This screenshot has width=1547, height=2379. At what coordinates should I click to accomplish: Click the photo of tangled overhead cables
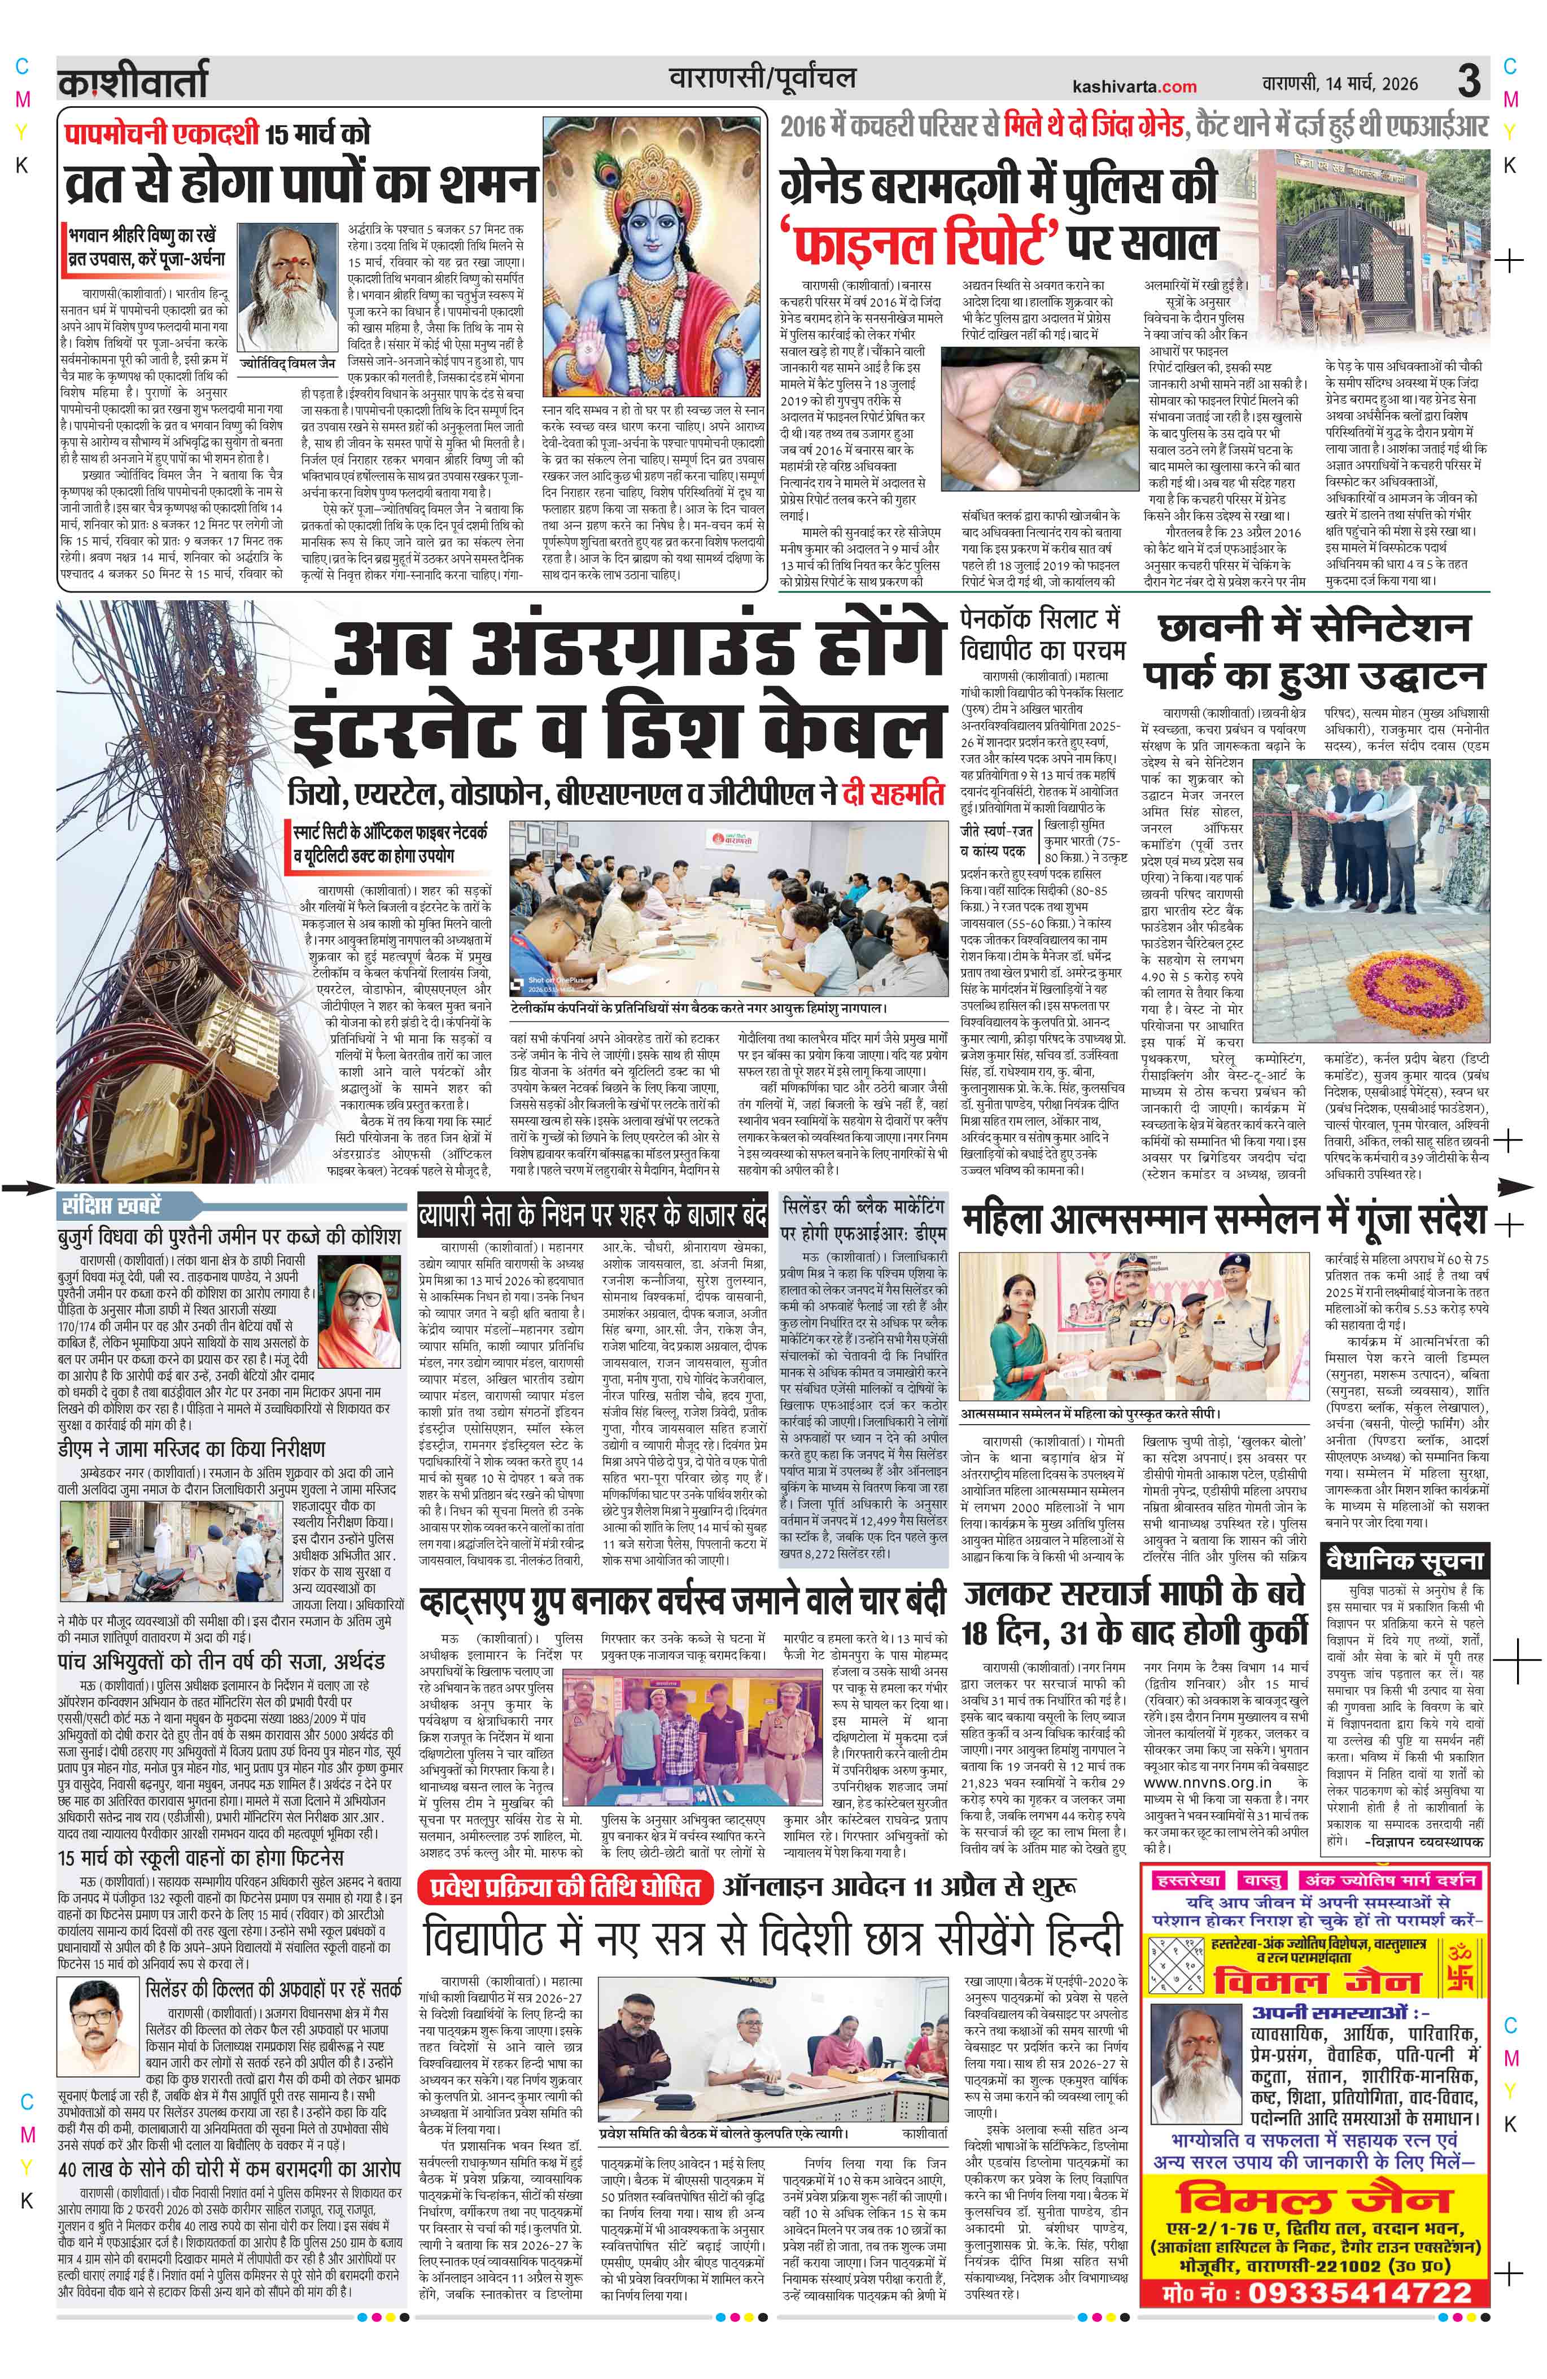175,889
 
